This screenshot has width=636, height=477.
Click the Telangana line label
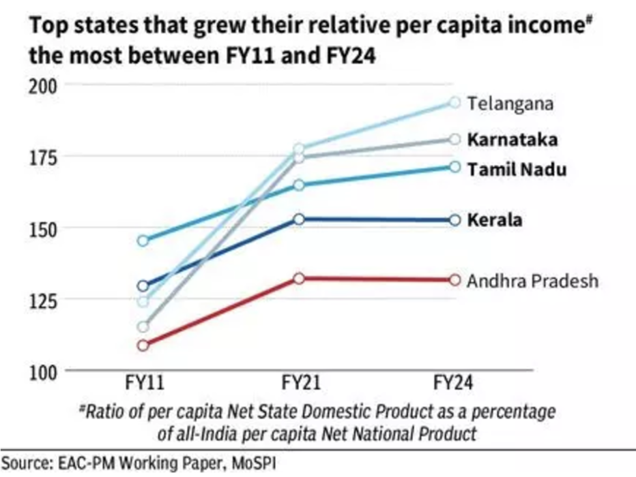(x=510, y=104)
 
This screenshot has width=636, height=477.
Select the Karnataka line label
(x=512, y=140)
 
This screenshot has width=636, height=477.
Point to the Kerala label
(x=495, y=220)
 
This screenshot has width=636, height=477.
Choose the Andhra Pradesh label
(x=532, y=281)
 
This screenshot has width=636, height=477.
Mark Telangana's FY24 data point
(x=454, y=102)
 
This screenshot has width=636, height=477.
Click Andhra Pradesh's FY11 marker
(x=142, y=345)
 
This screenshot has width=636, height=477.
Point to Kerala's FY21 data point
(x=299, y=219)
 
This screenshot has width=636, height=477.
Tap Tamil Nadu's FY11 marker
(x=142, y=241)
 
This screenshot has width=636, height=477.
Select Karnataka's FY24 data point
(x=454, y=139)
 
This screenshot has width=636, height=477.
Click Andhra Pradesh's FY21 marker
(x=299, y=279)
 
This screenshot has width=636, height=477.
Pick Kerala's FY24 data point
(x=454, y=219)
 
